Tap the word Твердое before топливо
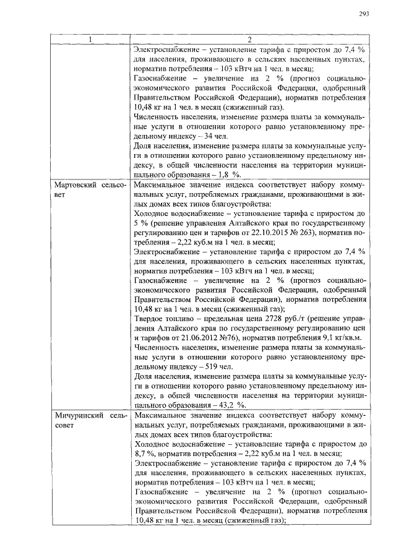click(x=151, y=319)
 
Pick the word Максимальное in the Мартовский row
click(x=163, y=185)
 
